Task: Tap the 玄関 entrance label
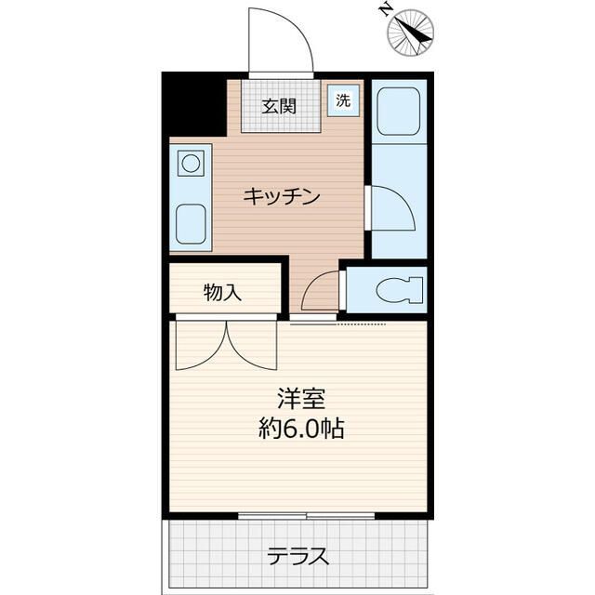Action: click(x=278, y=105)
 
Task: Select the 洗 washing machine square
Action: click(x=343, y=100)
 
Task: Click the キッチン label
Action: click(x=282, y=196)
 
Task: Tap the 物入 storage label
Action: click(x=223, y=293)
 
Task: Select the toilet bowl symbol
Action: click(x=398, y=291)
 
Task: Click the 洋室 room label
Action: click(x=299, y=399)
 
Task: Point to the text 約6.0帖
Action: click(x=299, y=430)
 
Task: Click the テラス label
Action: click(x=297, y=556)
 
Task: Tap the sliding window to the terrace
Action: click(x=307, y=514)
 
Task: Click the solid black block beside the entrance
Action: click(x=194, y=104)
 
